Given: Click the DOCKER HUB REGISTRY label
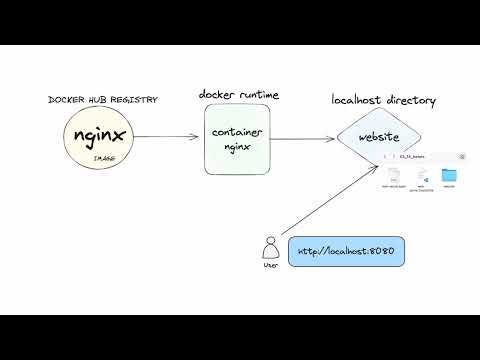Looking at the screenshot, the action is [103, 100].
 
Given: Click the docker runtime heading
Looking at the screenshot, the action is [238, 94].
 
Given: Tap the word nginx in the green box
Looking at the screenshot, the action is [237, 146].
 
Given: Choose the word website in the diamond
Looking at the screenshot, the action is [379, 136].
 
